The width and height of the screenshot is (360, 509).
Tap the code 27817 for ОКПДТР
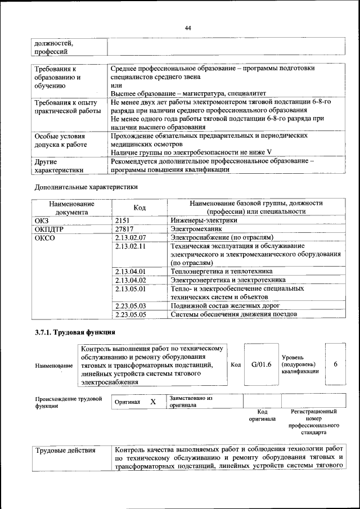point(125,229)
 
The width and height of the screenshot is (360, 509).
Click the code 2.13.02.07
point(130,238)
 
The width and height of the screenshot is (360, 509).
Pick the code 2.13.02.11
point(130,246)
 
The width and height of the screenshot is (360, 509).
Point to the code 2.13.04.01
point(130,272)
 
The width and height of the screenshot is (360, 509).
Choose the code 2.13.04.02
point(130,280)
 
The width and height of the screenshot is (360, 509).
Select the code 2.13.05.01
point(130,289)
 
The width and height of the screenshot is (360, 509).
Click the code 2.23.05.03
point(130,306)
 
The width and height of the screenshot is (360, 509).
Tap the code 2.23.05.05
point(130,314)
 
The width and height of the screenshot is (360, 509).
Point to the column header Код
point(139,208)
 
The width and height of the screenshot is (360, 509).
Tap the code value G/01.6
point(262,364)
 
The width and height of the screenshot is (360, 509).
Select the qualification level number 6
point(335,364)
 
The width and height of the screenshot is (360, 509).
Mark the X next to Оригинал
point(152,402)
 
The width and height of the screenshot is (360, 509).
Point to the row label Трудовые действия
point(65,450)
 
